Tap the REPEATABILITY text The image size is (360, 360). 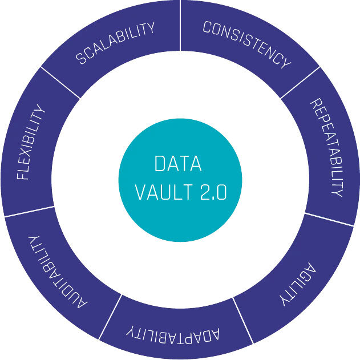point(325,148)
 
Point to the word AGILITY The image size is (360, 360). point(298,284)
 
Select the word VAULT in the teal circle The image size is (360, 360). point(163,192)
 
